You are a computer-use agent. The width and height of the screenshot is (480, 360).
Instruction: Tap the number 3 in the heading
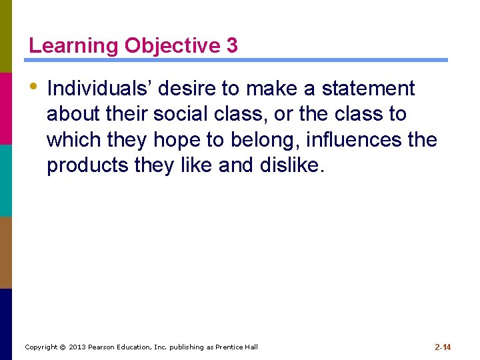click(231, 45)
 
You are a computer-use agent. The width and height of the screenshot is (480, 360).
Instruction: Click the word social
click(180, 114)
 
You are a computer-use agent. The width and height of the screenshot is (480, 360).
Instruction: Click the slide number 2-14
click(443, 347)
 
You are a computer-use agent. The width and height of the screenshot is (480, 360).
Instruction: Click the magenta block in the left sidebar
click(6, 108)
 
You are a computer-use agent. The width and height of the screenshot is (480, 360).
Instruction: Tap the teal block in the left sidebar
click(6, 180)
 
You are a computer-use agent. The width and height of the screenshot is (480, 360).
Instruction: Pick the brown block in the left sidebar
click(6, 252)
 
